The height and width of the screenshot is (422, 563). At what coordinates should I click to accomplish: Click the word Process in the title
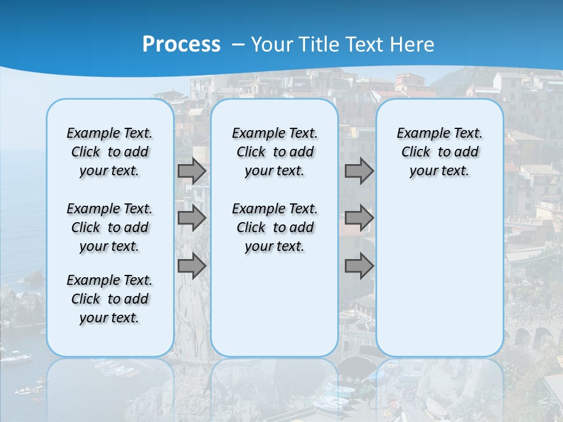pos(181,44)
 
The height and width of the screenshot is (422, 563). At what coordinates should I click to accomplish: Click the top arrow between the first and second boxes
pos(192,171)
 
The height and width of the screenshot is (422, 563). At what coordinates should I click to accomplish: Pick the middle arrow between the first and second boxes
pos(192,218)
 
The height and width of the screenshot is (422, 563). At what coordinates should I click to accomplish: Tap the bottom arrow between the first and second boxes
pos(192,267)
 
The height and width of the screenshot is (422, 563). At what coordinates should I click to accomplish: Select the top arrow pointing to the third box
pos(359,171)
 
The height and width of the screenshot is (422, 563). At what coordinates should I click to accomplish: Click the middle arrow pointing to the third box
pos(359,218)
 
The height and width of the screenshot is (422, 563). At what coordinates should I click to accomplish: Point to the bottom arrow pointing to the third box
pos(359,267)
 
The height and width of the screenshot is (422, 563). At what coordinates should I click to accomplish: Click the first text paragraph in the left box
pos(110,152)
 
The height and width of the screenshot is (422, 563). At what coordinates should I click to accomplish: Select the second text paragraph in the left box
pos(110,227)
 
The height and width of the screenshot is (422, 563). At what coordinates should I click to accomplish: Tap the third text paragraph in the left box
pos(110,299)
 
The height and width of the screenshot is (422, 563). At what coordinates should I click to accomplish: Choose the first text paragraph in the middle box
pos(274,152)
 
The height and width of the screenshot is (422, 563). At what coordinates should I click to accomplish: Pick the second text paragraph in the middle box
pos(274,227)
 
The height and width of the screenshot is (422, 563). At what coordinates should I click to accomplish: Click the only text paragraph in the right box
pos(439,152)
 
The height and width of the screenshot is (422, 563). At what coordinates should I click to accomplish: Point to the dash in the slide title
pos(238,45)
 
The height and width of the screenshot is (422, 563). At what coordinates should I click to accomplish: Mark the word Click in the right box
pos(416,152)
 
